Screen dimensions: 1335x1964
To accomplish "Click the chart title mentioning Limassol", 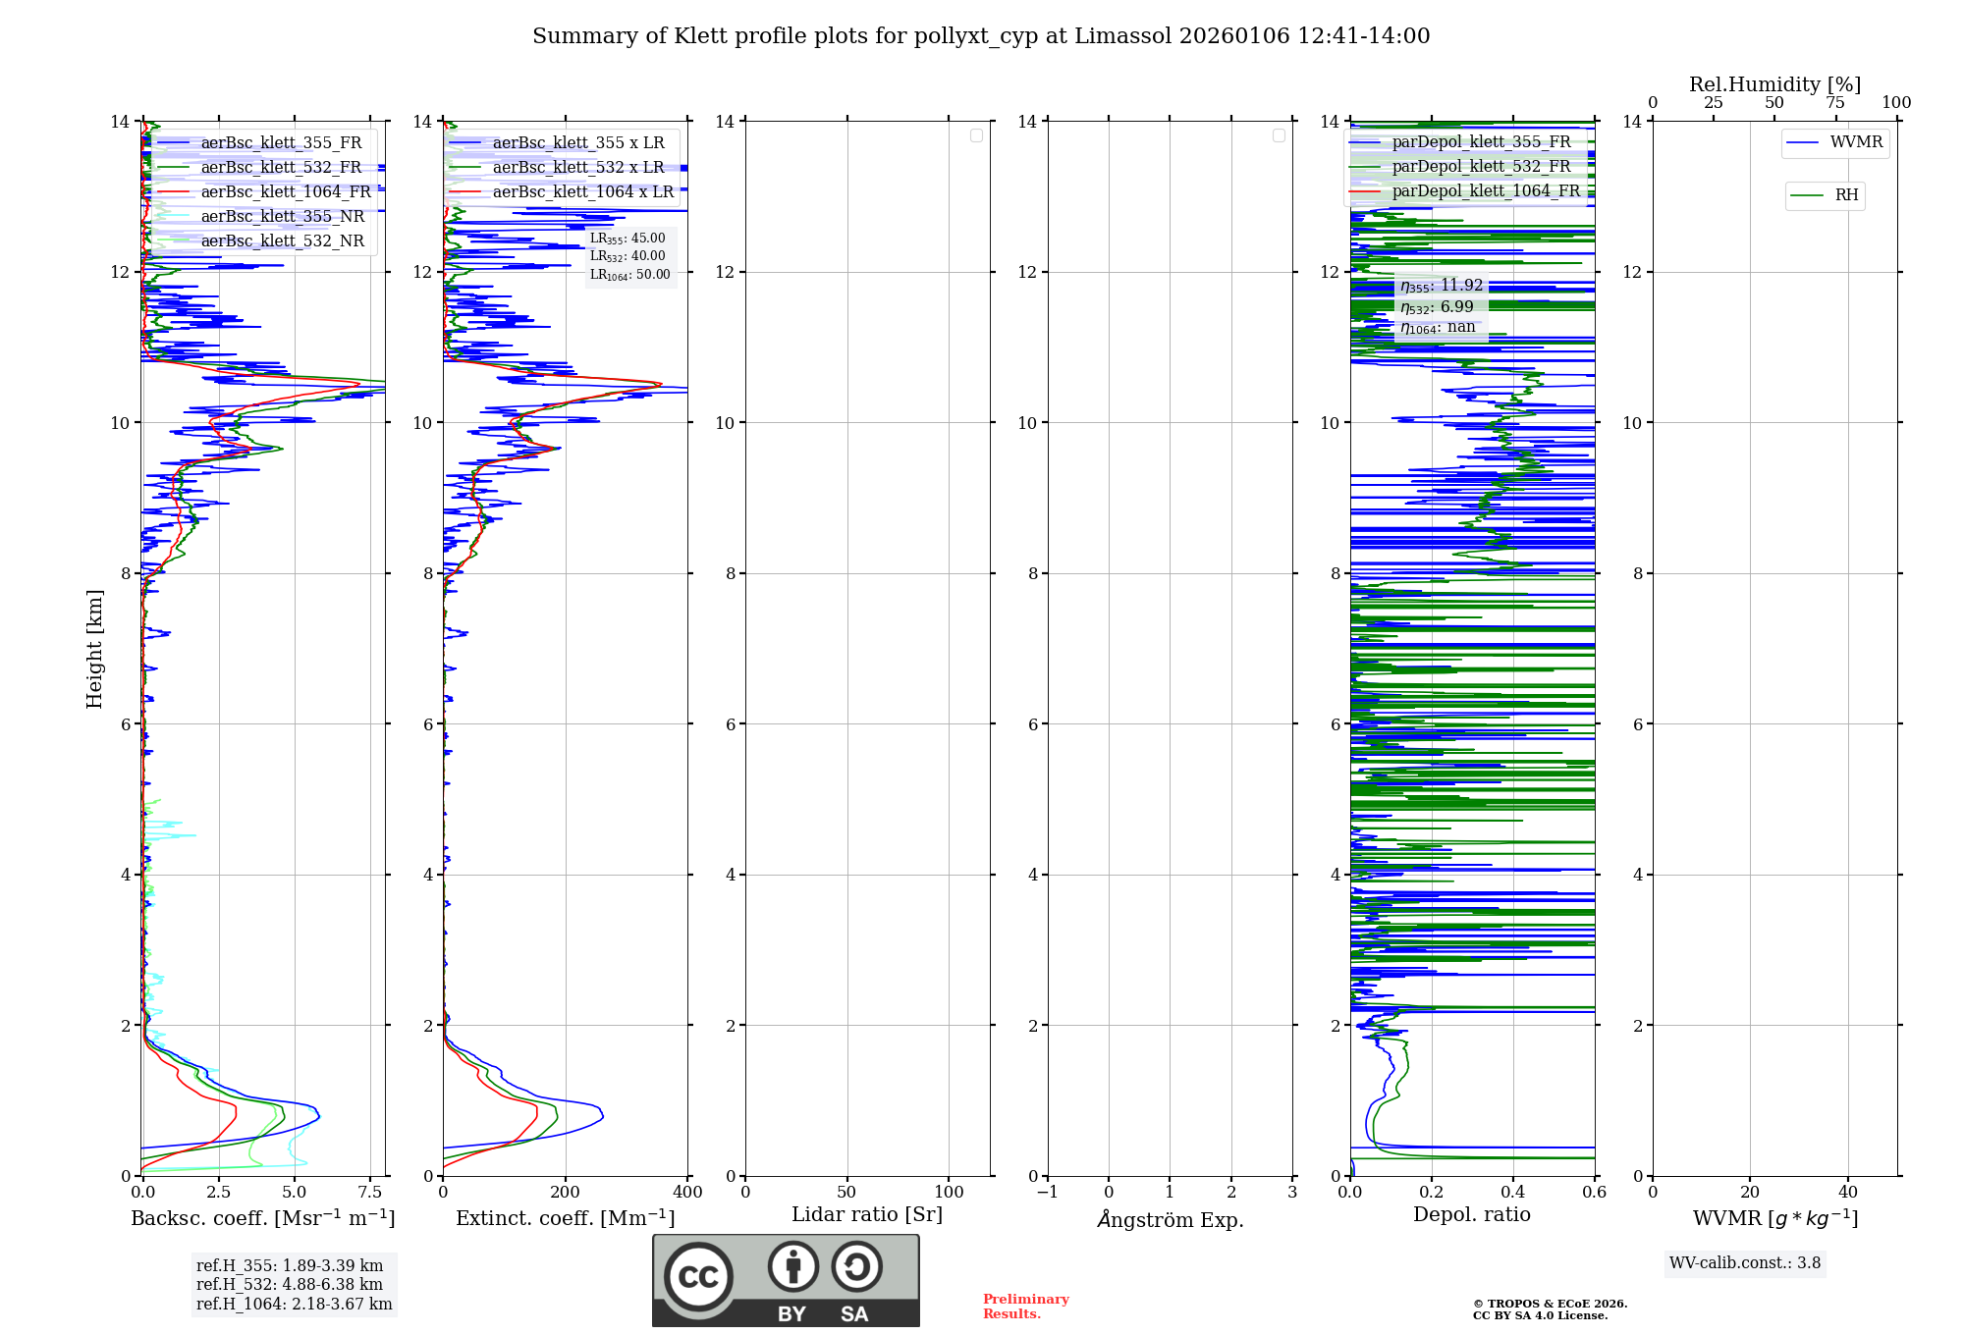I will pos(981,36).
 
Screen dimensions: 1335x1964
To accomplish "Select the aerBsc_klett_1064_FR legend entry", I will pos(285,192).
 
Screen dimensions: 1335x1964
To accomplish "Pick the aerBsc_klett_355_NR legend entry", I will pos(282,217).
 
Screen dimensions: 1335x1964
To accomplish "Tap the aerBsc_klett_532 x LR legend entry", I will pos(577,168).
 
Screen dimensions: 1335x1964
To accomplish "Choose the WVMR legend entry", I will pos(1856,142).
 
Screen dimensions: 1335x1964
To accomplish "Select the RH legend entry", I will pos(1846,195).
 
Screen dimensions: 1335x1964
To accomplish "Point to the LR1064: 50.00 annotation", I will pos(629,275).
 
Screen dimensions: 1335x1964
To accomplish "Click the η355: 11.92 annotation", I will pos(1441,286).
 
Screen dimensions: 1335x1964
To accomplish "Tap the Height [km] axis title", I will pos(94,648).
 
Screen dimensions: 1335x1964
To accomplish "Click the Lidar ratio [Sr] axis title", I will pos(867,1214).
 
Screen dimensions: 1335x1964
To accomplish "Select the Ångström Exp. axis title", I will pos(1170,1219).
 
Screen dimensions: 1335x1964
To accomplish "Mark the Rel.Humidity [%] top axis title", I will pos(1774,84).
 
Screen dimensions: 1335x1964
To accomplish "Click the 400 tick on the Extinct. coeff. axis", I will pos(687,1192).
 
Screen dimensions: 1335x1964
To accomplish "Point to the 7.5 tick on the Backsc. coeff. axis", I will pos(370,1192).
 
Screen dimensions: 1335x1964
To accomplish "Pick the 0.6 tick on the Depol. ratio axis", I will pos(1594,1192).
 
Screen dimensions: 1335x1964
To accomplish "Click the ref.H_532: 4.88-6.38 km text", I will pos(289,1284).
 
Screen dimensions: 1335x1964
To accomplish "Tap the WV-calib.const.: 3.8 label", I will pos(1744,1263).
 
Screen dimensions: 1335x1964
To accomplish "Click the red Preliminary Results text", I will pos(1025,1307).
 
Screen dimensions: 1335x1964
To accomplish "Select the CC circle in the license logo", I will pos(698,1277).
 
